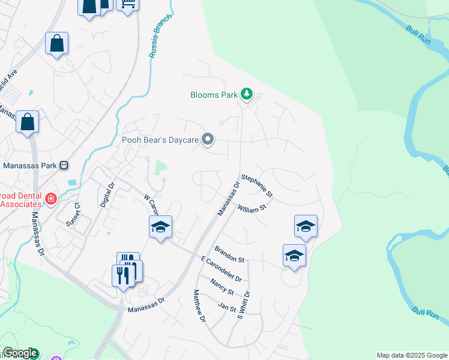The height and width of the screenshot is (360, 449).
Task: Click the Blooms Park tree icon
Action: (246, 94)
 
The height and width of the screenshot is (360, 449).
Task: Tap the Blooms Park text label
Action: (214, 95)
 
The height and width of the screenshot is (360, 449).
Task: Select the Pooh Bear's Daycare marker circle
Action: (208, 140)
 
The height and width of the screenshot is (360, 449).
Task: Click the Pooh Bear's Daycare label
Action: (160, 140)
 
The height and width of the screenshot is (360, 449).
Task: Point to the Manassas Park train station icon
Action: (64, 166)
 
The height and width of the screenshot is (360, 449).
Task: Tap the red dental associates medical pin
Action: (51, 199)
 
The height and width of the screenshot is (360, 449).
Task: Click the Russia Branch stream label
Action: (161, 36)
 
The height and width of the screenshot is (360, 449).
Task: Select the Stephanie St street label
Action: (257, 186)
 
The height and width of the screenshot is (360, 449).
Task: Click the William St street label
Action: (252, 209)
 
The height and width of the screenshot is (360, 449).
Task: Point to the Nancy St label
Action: (221, 287)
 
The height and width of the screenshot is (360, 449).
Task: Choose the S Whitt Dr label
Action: (243, 305)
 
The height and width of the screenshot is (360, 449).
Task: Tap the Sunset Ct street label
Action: (73, 212)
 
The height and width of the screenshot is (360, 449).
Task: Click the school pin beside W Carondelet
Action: (160, 227)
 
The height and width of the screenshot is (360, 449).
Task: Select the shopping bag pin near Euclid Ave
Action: (56, 43)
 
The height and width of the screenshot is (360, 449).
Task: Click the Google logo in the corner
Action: (20, 353)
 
